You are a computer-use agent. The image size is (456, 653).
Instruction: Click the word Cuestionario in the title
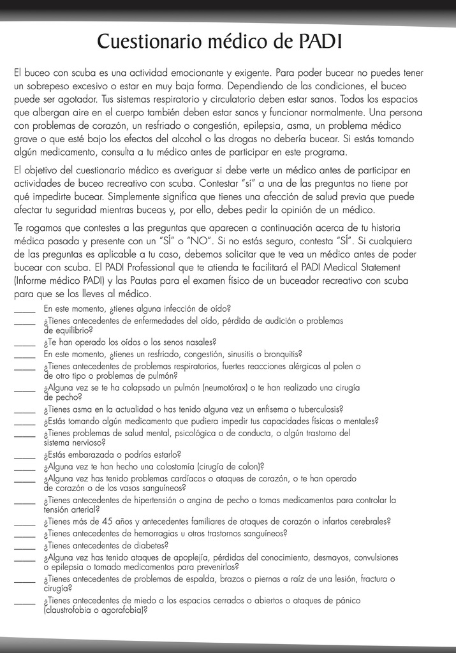[x=148, y=42]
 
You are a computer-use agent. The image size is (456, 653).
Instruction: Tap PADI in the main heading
[x=320, y=42]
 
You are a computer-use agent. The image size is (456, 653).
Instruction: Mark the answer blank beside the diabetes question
[x=25, y=546]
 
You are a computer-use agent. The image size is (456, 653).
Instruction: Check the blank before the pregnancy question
[x=25, y=455]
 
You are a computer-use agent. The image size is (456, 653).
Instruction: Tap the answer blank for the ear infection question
[x=25, y=309]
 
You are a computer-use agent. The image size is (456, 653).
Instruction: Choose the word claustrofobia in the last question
[x=68, y=610]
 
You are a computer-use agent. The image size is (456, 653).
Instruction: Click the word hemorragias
[x=149, y=533]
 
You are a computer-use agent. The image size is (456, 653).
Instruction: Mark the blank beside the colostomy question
[x=25, y=467]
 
